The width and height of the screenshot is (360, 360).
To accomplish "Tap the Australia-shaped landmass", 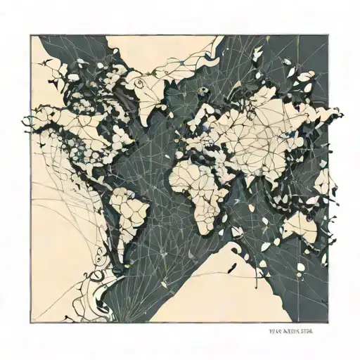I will pos(301,226).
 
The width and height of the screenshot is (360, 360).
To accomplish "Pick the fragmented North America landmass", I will pos(84,127).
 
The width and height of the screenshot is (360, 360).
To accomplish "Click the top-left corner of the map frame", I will pos(30,36).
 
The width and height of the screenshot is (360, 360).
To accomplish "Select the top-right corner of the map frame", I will pos(328,36).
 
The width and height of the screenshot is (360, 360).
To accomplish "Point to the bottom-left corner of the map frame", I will pos(30,323).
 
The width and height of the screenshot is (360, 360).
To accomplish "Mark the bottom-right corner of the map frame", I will pos(328,323).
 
